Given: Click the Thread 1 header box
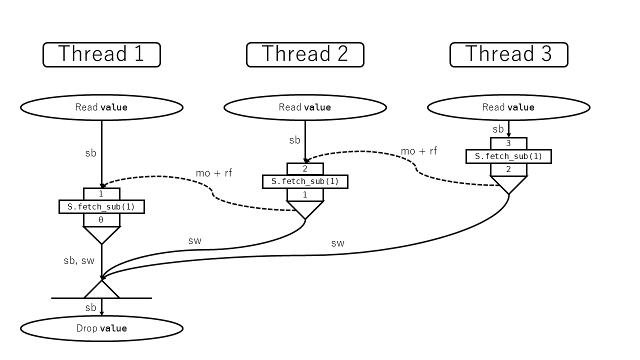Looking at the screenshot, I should (x=101, y=54).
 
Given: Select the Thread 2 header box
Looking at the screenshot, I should (x=305, y=54).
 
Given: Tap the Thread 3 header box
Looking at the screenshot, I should (x=508, y=54).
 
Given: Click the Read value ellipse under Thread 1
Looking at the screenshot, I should (x=101, y=107).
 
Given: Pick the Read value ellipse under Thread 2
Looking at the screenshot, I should (x=305, y=107).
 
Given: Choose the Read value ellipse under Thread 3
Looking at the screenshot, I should (x=508, y=107).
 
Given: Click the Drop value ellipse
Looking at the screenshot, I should (x=101, y=328).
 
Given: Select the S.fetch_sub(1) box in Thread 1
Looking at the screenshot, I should (x=101, y=206).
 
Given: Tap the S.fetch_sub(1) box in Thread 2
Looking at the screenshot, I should (x=305, y=181).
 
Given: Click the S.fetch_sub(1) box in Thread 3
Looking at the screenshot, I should (x=508, y=156).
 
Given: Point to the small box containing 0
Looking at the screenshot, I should (x=101, y=220).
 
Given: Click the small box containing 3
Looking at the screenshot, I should (x=508, y=143).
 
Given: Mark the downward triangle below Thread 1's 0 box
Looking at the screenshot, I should (x=101, y=233).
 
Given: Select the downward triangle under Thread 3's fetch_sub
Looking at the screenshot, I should (x=508, y=183).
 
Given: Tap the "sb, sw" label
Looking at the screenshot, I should (x=79, y=260).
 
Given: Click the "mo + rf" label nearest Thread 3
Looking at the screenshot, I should (x=418, y=151).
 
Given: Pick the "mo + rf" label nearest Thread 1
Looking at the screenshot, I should (x=213, y=173).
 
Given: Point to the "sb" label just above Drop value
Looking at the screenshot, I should (x=90, y=307).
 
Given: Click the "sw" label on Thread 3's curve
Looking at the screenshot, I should (x=337, y=243).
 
